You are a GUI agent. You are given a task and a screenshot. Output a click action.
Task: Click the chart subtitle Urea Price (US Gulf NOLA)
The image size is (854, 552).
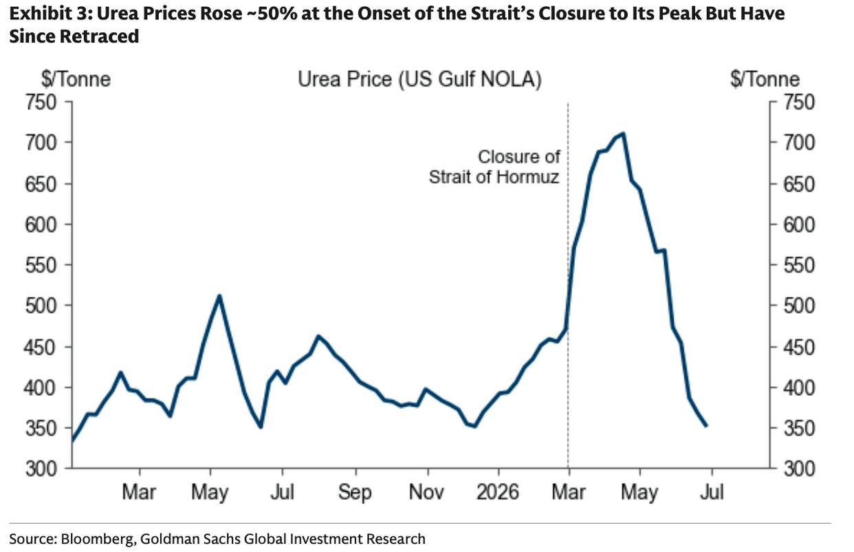(x=419, y=79)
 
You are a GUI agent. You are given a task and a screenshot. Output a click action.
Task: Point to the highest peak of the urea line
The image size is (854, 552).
(x=623, y=134)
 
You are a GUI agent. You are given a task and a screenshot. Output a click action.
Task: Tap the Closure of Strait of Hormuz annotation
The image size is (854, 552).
(x=494, y=167)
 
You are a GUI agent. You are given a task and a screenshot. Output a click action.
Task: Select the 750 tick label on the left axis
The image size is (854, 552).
(x=41, y=103)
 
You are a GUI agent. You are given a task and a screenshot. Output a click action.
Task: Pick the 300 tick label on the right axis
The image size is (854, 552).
(x=799, y=469)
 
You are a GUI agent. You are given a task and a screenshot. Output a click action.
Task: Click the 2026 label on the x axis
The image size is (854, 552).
(x=498, y=491)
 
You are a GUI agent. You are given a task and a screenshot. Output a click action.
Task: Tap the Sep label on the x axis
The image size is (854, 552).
(x=355, y=492)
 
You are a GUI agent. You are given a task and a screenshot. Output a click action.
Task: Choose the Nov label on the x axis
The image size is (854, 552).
(x=426, y=491)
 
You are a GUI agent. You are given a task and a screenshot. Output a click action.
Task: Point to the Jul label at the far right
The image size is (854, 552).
(x=712, y=491)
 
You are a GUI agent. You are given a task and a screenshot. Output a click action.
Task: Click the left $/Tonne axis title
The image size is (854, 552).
(x=76, y=79)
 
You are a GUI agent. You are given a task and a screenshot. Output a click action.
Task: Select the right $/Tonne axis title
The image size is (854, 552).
(x=765, y=79)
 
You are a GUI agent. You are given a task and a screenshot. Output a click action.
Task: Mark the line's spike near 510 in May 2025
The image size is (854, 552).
(x=219, y=295)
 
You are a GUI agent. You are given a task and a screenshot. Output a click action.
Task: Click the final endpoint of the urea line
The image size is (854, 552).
(x=706, y=425)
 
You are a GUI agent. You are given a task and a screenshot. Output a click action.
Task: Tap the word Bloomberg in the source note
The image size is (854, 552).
(x=97, y=539)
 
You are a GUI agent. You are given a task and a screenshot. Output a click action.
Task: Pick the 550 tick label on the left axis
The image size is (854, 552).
(x=41, y=265)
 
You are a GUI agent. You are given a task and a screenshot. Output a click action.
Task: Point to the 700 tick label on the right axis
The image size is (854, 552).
(x=799, y=143)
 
